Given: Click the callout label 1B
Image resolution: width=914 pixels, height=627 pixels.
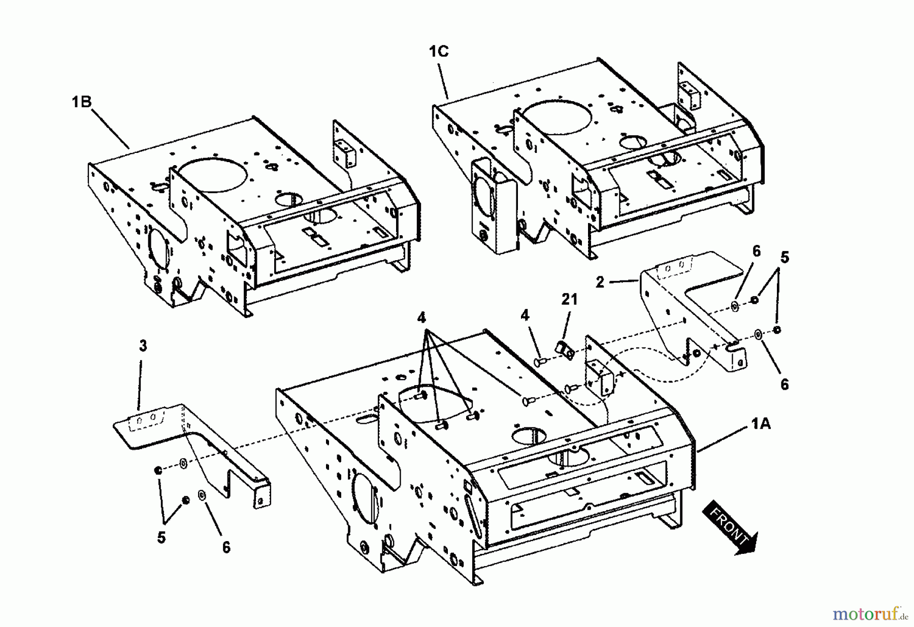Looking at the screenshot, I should (x=81, y=102).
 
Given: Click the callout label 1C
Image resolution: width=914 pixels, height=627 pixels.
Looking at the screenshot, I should (x=439, y=52).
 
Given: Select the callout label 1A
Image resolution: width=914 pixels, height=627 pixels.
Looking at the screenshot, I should (x=760, y=423).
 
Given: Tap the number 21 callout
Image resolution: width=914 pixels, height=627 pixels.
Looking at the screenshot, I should (x=569, y=300).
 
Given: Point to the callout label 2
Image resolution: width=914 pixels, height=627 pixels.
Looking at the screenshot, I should (x=600, y=282).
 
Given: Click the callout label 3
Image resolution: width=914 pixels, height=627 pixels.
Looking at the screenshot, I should (x=143, y=346).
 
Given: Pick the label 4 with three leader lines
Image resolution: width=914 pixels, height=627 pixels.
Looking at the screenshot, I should (x=421, y=318).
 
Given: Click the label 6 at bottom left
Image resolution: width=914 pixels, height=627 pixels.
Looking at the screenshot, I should (x=226, y=547).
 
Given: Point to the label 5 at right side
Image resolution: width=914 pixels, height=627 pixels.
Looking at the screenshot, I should (x=785, y=258).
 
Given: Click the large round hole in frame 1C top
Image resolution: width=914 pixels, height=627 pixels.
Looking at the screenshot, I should (x=557, y=114).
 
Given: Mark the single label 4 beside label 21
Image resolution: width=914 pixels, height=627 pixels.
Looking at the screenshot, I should (x=525, y=316).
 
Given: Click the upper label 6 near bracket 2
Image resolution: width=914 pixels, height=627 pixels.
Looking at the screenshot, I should (x=756, y=252).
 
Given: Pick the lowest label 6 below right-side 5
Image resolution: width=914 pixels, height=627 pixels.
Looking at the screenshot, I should (x=784, y=385).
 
